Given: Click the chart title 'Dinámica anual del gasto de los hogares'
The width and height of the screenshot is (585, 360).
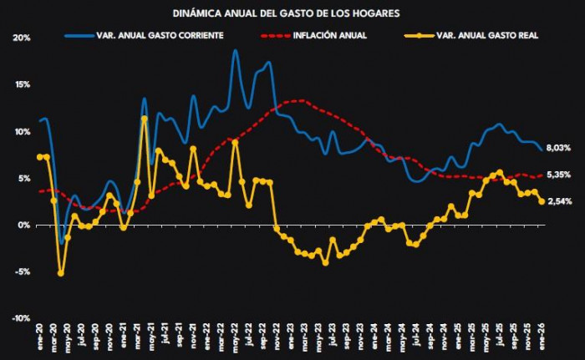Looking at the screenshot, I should (x=286, y=14).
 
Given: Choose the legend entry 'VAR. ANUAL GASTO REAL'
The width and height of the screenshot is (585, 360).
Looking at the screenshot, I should (x=484, y=36).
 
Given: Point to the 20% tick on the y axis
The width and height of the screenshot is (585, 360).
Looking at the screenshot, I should (x=22, y=38).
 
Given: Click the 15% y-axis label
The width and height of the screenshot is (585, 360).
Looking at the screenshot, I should (x=22, y=85).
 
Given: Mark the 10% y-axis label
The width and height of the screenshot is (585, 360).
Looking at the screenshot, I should (x=22, y=132).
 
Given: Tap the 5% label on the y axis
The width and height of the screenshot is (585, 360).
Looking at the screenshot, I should (x=23, y=179).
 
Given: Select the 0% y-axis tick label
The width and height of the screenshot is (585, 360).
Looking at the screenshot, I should (x=23, y=226).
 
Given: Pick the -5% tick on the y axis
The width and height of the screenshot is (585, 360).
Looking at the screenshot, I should (x=22, y=271).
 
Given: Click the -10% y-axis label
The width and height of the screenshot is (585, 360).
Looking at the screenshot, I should (x=20, y=318).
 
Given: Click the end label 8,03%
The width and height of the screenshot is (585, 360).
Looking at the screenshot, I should (x=557, y=148).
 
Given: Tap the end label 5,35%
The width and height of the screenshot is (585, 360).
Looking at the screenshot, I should (x=557, y=175).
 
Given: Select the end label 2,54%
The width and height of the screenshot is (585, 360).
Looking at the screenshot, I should (x=557, y=201).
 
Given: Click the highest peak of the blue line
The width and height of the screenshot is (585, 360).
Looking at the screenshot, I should (x=236, y=51).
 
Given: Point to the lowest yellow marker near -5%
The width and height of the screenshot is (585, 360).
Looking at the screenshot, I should (x=61, y=273).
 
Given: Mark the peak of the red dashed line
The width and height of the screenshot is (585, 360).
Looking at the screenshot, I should (x=297, y=100).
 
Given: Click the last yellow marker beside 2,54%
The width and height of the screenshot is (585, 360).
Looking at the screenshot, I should (x=542, y=201).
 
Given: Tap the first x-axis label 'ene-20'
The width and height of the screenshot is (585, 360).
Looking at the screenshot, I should (x=39, y=338).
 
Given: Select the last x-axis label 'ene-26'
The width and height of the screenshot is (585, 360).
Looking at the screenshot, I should (x=542, y=338).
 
